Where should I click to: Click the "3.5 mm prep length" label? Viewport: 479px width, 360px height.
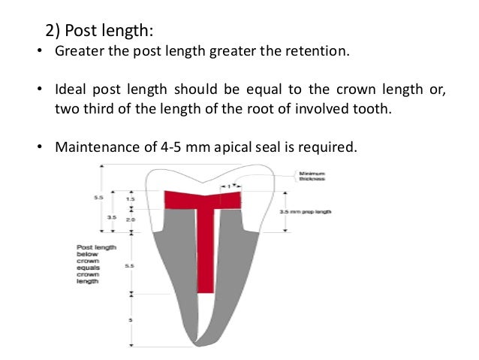[306, 212]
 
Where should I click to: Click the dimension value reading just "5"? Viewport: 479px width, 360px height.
[131, 320]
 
